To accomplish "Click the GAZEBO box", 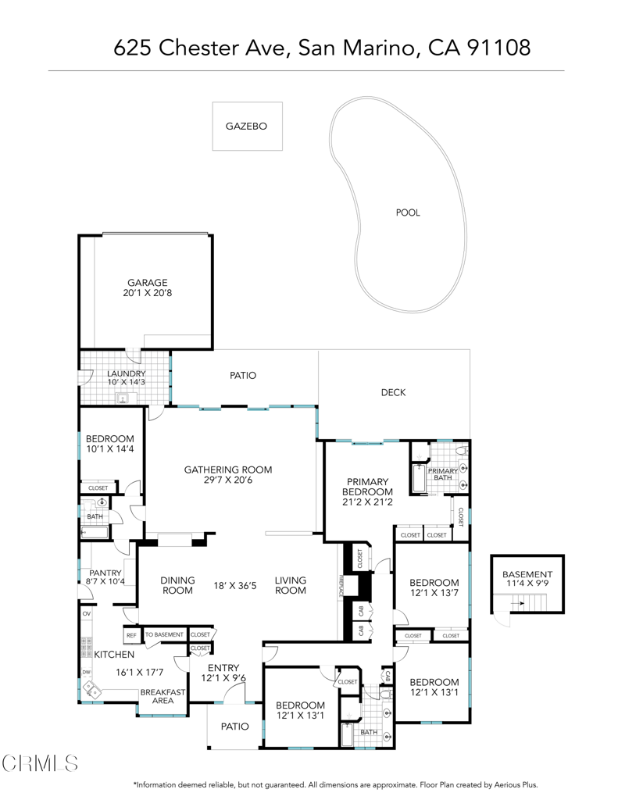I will pyautogui.click(x=247, y=126).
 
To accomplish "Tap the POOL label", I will pyautogui.click(x=407, y=212).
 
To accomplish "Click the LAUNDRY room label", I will pyautogui.click(x=127, y=374).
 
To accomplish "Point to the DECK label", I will pyautogui.click(x=393, y=392).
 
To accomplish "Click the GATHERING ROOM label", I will pyautogui.click(x=227, y=470).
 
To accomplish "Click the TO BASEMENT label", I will pyautogui.click(x=164, y=634).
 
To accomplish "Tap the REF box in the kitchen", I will pyautogui.click(x=130, y=634).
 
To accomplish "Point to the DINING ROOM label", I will pyautogui.click(x=177, y=585).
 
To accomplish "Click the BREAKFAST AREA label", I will pyautogui.click(x=163, y=696).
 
